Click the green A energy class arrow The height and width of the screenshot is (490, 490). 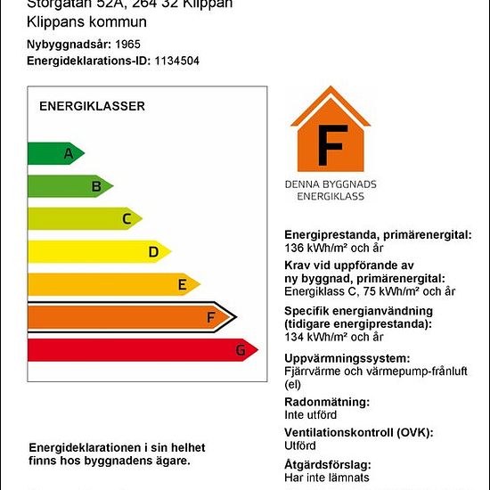(x=55, y=153)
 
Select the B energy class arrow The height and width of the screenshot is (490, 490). (x=69, y=186)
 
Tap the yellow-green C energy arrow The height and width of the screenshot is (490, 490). (x=84, y=218)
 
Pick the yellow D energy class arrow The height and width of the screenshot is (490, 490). (x=98, y=252)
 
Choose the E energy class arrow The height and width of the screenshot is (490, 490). (x=112, y=285)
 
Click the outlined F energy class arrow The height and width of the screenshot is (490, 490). (x=129, y=316)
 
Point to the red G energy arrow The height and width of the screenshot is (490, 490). (x=143, y=350)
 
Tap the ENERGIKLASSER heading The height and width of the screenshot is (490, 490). (x=92, y=106)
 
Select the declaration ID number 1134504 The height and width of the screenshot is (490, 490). (x=176, y=61)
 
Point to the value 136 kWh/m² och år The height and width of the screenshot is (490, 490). (x=333, y=248)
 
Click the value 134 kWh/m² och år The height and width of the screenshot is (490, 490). (x=333, y=337)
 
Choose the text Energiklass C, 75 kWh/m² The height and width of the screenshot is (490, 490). (x=370, y=291)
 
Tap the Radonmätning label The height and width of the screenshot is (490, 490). (x=326, y=402)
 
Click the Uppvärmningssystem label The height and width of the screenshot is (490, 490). (x=347, y=357)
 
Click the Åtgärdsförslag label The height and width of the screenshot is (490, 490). (x=327, y=465)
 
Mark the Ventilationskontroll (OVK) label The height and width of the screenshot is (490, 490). (x=358, y=433)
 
